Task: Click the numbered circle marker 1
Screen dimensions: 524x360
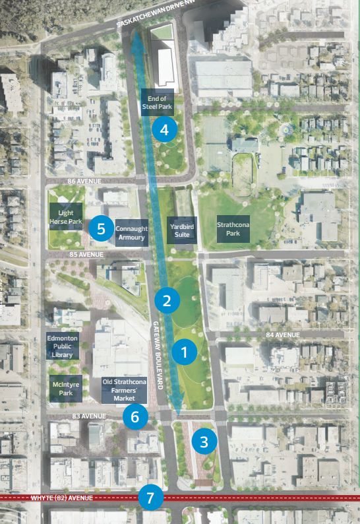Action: click(184, 352)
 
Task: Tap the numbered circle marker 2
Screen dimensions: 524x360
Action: click(167, 301)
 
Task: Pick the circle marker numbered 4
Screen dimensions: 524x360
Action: click(164, 130)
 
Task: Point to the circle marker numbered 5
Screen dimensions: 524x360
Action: click(101, 228)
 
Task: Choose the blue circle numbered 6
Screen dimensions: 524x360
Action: click(135, 416)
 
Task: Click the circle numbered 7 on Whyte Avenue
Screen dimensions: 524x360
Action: click(151, 498)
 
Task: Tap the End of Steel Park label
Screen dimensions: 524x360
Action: click(158, 102)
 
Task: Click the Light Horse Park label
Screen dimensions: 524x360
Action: click(66, 217)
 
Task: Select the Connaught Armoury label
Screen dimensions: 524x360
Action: click(131, 233)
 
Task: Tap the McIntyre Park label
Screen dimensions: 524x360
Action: click(64, 389)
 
